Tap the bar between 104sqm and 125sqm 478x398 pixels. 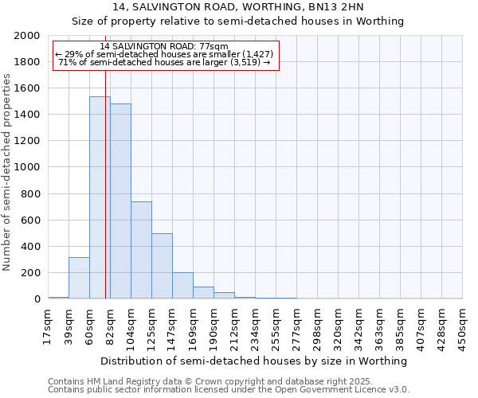coord(141,250)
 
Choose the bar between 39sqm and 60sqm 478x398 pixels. coord(79,278)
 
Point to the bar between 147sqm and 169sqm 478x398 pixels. coord(182,286)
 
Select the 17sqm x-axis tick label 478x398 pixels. coord(49,326)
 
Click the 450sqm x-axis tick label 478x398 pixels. coord(463,326)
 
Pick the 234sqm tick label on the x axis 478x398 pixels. coord(256,326)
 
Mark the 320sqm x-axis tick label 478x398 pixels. coord(339,326)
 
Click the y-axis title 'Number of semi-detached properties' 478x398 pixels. coord(8,172)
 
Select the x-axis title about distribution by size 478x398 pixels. coord(255,361)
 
